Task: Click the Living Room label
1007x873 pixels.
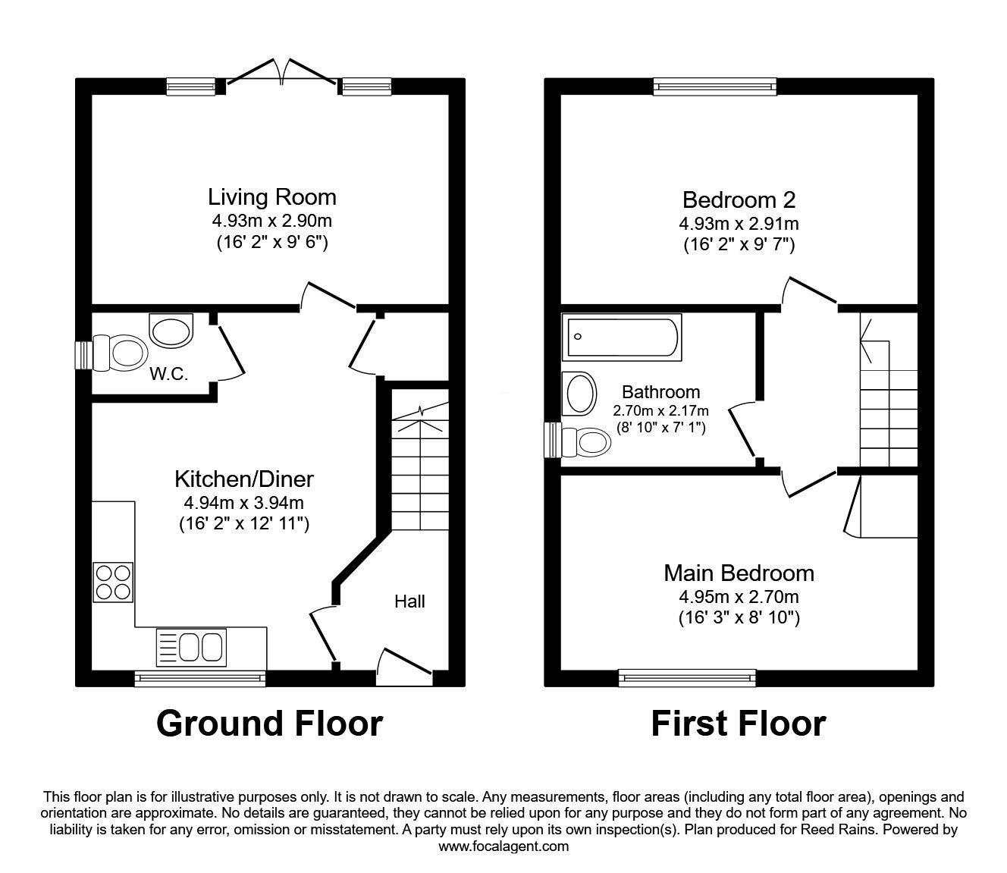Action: tap(271, 197)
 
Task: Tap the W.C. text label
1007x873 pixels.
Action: tap(169, 374)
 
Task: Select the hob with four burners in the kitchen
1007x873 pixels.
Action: tap(113, 582)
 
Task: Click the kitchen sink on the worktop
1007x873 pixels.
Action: tap(190, 647)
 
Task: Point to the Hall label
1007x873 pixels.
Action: tap(409, 601)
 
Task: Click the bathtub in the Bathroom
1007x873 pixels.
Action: tap(622, 338)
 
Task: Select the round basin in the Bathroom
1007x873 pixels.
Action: tap(579, 392)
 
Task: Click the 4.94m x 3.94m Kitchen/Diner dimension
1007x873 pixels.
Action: tap(243, 502)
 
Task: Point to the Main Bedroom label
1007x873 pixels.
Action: tap(739, 573)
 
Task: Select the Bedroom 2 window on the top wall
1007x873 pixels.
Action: tap(715, 86)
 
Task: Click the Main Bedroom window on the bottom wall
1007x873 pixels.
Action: tap(688, 677)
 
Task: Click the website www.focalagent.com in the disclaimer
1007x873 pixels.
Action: tap(503, 846)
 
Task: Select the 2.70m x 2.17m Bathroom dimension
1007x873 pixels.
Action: tap(660, 410)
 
